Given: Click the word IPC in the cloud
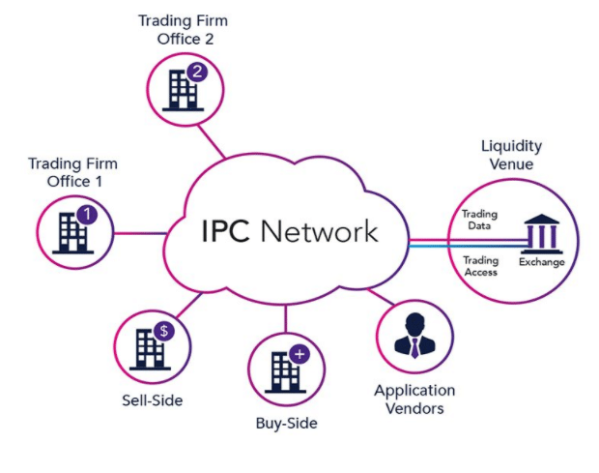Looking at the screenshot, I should (228, 232).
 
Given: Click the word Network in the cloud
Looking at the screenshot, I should (321, 232).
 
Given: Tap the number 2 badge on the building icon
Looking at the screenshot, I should (198, 72).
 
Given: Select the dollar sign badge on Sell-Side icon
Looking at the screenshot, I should (164, 331).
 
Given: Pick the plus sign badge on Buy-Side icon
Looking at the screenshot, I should (299, 355).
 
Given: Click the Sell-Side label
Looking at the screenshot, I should (153, 399).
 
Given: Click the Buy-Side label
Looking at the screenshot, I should (286, 424).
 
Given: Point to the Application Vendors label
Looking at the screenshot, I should (414, 399).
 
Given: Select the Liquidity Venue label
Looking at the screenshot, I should (511, 155).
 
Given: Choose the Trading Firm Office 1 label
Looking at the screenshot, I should (66, 171).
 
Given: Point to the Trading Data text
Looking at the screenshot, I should (478, 219).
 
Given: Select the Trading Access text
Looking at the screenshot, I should (480, 266).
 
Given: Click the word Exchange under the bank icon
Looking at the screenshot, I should (541, 262).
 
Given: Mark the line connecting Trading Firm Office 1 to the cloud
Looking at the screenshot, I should (140, 232).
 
